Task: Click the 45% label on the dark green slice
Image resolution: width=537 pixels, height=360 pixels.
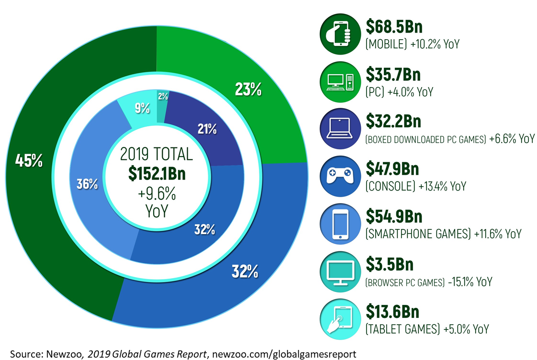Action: coord(29,161)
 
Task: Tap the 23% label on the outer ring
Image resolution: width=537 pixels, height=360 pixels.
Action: coord(248,90)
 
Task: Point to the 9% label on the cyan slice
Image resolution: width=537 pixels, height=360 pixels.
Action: coord(142,109)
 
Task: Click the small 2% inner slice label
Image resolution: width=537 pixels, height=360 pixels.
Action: coord(163,96)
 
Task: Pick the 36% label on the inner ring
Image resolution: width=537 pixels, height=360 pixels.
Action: coord(87,184)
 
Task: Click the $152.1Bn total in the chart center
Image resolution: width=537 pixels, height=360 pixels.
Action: coord(157,174)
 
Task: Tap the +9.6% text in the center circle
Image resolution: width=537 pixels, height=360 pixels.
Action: coord(157,194)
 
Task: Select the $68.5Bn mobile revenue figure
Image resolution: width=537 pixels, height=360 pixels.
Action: coord(393,27)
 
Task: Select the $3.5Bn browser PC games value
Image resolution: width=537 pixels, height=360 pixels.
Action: coord(389,265)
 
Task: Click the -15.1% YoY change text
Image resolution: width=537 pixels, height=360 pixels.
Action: coord(470,282)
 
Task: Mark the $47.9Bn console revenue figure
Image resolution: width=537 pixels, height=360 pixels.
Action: coord(392,169)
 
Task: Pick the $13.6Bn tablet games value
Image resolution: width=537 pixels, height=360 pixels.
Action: coord(392,312)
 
